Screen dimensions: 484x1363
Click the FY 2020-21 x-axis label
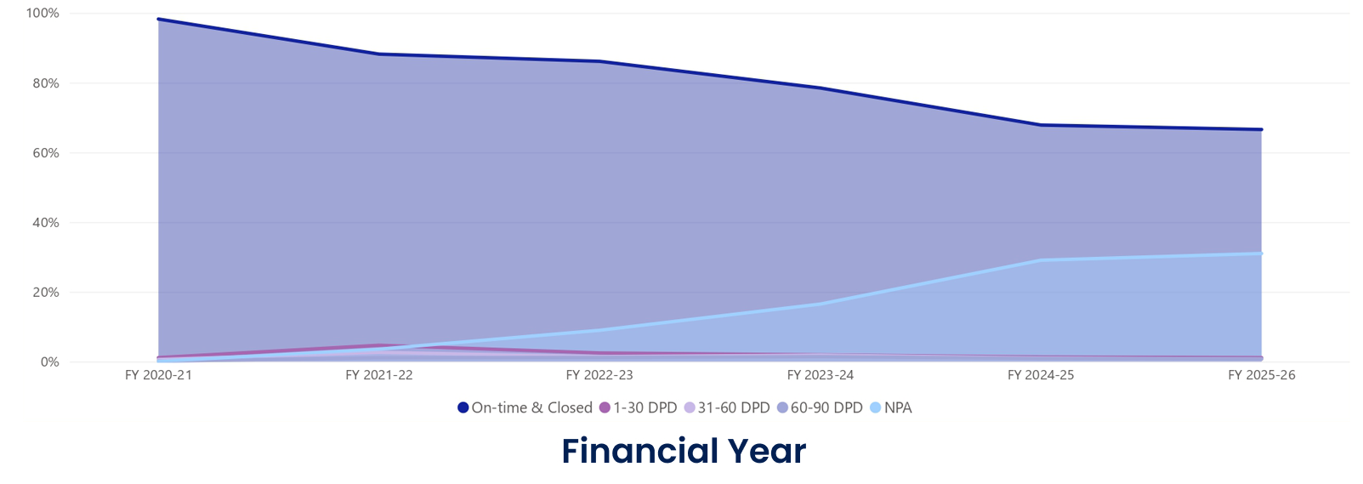click(158, 375)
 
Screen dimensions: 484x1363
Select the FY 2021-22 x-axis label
click(378, 375)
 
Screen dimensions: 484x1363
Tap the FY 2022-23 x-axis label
click(599, 375)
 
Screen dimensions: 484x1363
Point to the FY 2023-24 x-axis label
click(820, 375)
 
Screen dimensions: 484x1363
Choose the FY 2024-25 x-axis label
click(1041, 375)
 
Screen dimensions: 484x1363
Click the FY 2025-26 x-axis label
click(1261, 375)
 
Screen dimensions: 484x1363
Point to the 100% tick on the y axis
click(43, 14)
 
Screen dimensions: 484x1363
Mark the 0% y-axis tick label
click(49, 362)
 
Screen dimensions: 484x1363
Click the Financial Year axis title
click(684, 451)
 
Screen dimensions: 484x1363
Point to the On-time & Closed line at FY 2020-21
click(159, 20)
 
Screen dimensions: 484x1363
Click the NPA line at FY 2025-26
click(1261, 253)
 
